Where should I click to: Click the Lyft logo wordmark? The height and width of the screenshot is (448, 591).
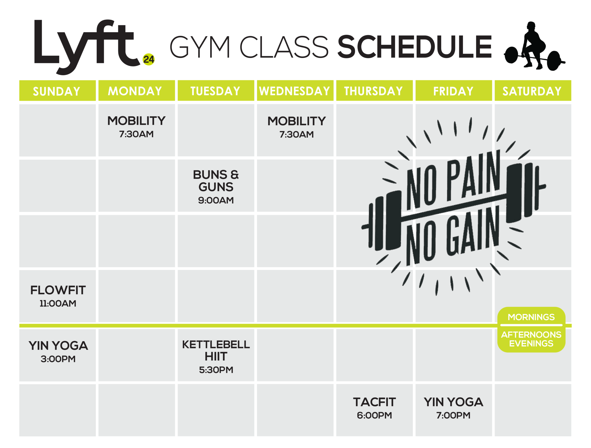point(87,47)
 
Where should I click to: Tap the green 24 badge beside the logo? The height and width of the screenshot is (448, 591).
point(148,59)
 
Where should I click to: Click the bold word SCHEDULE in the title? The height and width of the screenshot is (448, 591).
point(414,47)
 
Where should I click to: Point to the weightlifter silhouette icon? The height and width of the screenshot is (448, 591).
point(534,46)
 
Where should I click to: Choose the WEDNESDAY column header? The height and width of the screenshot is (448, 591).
point(295,91)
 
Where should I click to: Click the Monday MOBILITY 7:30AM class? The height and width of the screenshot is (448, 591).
point(136,126)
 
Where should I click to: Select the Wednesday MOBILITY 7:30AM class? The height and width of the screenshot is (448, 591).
point(297,127)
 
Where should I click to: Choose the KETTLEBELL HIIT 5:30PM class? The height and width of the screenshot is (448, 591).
point(216,356)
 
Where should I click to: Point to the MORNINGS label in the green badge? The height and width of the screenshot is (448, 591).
point(531,317)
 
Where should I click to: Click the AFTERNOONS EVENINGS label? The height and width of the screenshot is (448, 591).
point(531,339)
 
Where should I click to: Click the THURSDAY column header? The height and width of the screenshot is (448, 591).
point(373,91)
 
